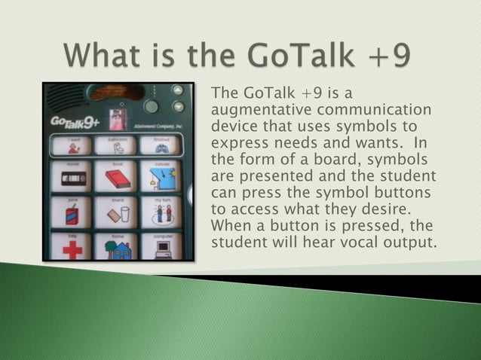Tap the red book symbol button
(118, 178)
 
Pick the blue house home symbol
(118, 249)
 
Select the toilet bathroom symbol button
(118, 145)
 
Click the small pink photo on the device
(116, 117)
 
